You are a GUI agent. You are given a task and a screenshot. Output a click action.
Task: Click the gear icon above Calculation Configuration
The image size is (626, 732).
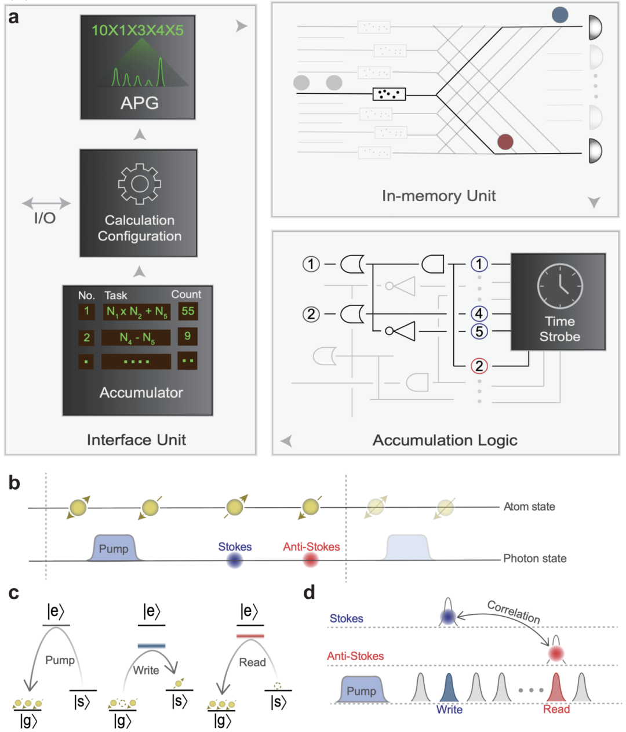(139, 184)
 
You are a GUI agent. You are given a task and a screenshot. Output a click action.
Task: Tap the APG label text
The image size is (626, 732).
(139, 103)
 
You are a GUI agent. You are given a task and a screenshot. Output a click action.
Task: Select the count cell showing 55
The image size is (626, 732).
(188, 311)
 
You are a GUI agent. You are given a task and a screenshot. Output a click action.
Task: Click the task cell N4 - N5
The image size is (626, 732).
(136, 338)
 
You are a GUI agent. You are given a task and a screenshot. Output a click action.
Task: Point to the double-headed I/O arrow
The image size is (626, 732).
(46, 203)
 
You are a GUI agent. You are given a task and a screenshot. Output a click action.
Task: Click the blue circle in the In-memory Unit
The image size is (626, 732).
(559, 15)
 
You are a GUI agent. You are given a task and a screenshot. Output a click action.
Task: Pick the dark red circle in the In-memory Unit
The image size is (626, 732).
(505, 141)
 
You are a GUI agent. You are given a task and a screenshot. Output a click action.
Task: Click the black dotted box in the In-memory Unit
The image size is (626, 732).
(388, 94)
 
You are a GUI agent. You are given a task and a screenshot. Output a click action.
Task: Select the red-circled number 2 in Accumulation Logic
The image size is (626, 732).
(479, 366)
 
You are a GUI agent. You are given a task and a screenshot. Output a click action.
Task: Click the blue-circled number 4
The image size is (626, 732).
(479, 314)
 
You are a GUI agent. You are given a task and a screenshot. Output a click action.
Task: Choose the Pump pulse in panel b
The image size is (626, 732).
(114, 548)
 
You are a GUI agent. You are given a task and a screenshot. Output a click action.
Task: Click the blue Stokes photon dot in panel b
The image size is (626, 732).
(235, 560)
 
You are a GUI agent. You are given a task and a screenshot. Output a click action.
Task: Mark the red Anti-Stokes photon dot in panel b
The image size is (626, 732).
(311, 560)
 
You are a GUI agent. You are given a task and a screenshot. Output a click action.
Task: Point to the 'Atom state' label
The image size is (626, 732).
(529, 507)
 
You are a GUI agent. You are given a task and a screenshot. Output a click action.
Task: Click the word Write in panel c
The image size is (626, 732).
(146, 671)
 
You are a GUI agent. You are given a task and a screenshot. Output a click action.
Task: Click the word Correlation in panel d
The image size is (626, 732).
(514, 612)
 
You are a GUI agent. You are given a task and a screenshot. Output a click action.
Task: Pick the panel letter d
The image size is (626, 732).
(310, 592)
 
